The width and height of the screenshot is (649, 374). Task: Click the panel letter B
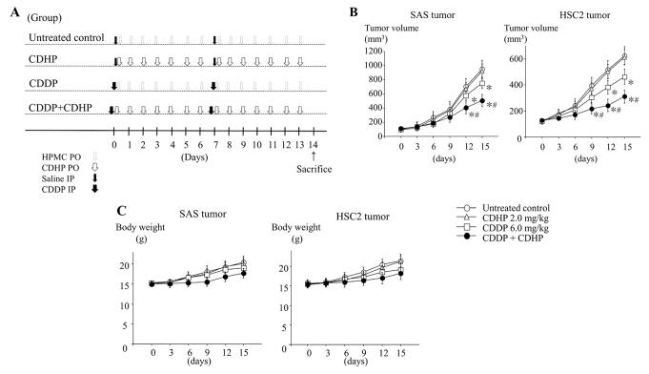coord(353,10)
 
